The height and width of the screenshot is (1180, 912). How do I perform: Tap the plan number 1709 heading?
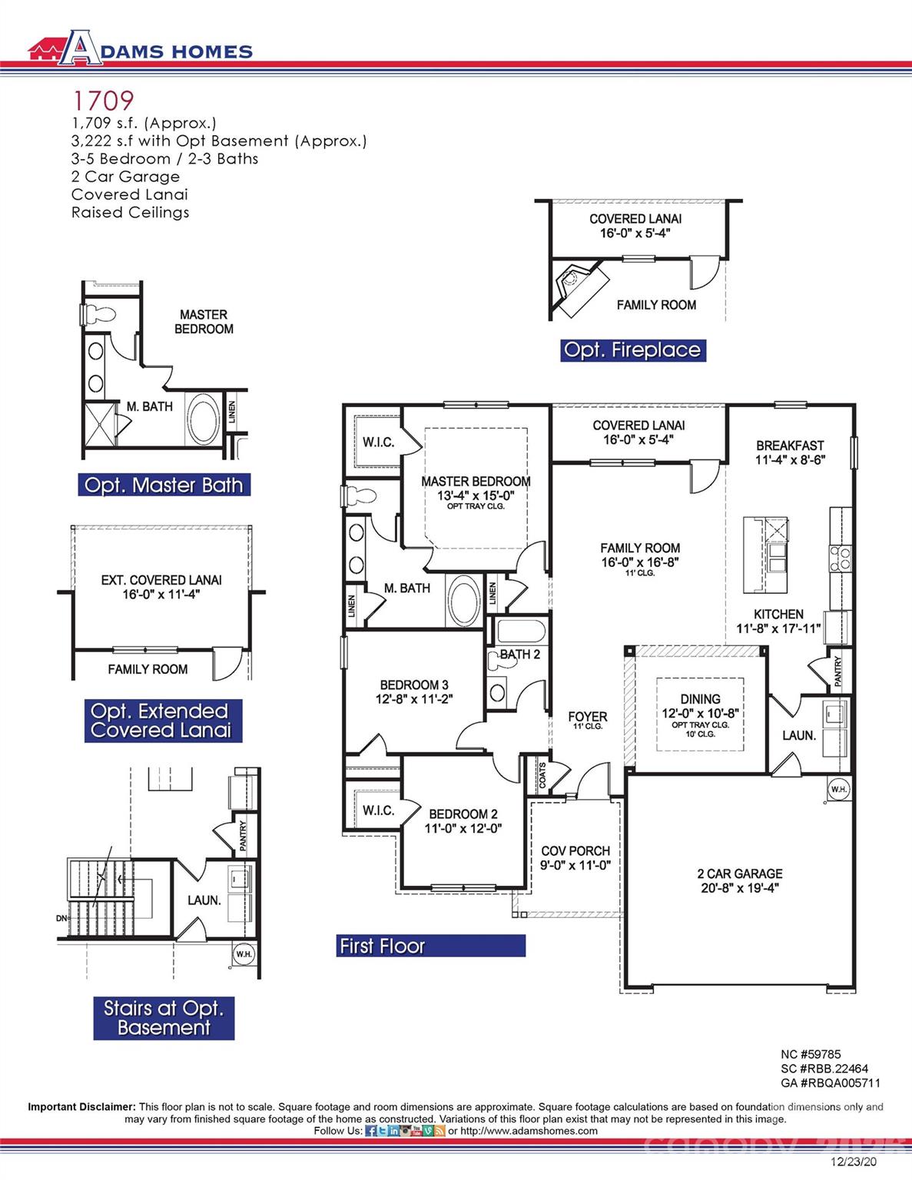[x=103, y=101]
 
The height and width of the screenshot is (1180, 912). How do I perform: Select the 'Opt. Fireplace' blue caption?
[x=632, y=350]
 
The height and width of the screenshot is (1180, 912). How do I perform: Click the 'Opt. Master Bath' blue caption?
[x=164, y=486]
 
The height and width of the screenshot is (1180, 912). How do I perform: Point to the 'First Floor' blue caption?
[x=383, y=946]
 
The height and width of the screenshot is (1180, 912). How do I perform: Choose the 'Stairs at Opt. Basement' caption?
[x=164, y=1018]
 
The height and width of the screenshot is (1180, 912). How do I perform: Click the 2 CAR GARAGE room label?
[x=740, y=880]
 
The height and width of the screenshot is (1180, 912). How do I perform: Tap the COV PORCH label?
[x=575, y=857]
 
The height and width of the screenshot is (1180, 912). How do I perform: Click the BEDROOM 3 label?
[x=414, y=691]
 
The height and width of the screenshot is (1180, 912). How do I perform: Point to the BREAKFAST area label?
[x=790, y=452]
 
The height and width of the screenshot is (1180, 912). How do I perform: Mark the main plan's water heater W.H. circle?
[x=838, y=789]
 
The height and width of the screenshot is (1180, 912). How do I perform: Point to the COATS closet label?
[x=542, y=774]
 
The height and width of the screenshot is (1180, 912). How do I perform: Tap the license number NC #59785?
[x=811, y=1055]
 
